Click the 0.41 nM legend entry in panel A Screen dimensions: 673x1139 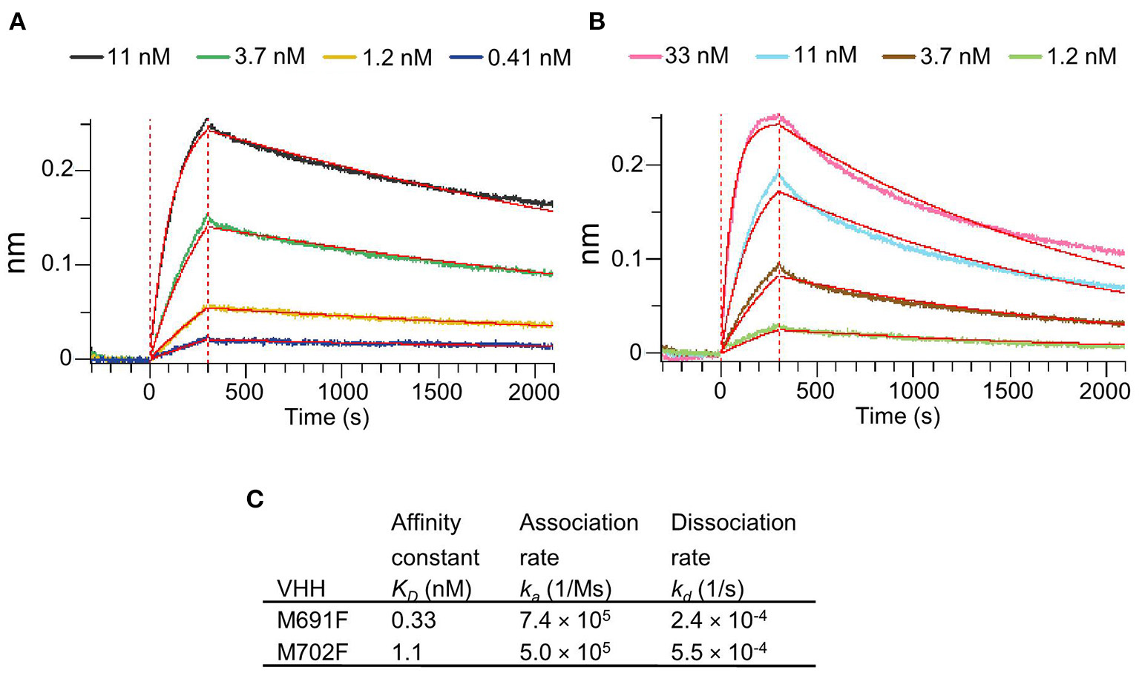coord(528,57)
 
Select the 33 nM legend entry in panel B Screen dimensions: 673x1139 coord(695,56)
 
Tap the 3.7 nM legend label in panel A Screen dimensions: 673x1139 coord(269,56)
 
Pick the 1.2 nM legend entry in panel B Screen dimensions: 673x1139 coord(1080,56)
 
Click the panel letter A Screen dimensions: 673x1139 coord(17,23)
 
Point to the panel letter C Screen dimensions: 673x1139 coord(255,499)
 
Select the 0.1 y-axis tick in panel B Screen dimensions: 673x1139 coord(627,259)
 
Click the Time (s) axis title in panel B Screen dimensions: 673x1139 coord(898,416)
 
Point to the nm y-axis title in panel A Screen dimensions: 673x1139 coord(16,252)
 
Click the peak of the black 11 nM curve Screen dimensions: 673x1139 coord(208,120)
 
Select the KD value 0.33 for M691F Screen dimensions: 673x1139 coord(413,620)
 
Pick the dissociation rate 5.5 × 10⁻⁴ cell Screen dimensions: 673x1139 coord(718,651)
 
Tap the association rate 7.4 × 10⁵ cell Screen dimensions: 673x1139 coord(565,620)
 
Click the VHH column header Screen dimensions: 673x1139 coord(301,589)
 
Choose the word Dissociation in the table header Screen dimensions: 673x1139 coord(732,522)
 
